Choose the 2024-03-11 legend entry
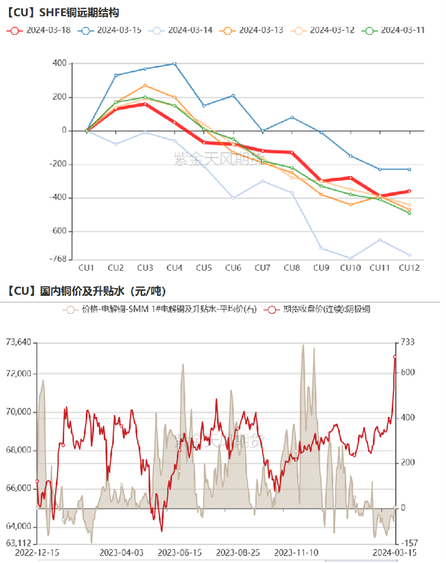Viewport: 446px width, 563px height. (x=390, y=30)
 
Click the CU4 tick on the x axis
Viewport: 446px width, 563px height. (x=174, y=268)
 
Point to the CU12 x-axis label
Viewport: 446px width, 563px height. (x=409, y=268)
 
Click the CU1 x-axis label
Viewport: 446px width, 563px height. (x=86, y=268)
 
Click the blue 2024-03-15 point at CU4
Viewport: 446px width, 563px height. (x=174, y=63)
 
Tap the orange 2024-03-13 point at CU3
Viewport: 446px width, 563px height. (x=145, y=86)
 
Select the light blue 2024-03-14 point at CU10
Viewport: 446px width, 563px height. (x=351, y=258)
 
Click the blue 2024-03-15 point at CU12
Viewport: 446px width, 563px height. (x=409, y=169)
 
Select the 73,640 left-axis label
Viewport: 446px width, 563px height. (x=18, y=342)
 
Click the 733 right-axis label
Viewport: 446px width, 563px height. (x=408, y=342)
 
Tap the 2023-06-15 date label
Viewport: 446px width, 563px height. (x=183, y=552)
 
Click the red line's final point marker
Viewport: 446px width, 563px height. (x=395, y=356)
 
